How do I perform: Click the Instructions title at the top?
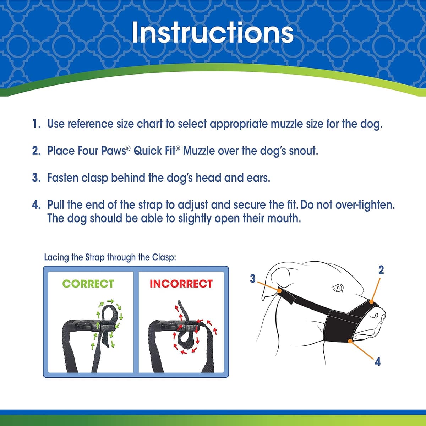click(x=212, y=32)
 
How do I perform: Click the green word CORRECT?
click(x=88, y=284)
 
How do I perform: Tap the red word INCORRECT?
click(x=181, y=284)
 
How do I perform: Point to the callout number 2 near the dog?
click(x=381, y=270)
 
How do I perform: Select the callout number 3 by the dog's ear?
click(x=252, y=279)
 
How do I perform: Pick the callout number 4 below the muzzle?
click(x=378, y=362)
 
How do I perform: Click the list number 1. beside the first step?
click(x=37, y=124)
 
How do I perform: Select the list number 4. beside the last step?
click(x=37, y=205)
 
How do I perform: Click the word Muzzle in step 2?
click(x=199, y=151)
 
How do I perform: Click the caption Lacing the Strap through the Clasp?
click(x=110, y=257)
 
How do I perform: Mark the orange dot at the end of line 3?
click(x=280, y=291)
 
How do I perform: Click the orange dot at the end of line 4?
click(x=351, y=341)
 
